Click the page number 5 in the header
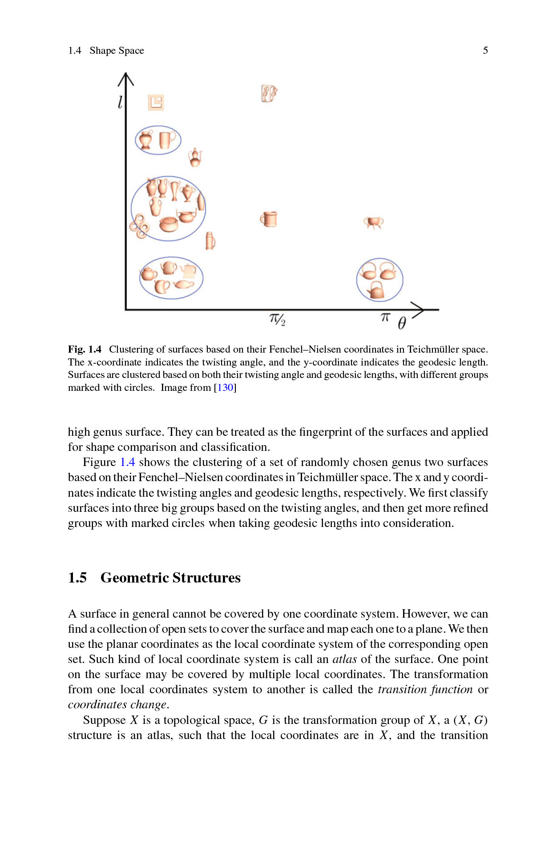(485, 50)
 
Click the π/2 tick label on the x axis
(277, 319)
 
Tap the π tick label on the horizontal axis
(385, 317)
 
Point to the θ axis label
(401, 323)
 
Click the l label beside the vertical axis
(120, 102)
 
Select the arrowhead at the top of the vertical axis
(126, 79)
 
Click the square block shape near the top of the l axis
(156, 102)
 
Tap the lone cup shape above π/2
(269, 219)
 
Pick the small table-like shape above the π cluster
(373, 222)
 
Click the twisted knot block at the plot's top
(269, 93)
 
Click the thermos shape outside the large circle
(210, 241)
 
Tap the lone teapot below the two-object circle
(195, 157)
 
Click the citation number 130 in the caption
(225, 387)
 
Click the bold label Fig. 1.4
(85, 349)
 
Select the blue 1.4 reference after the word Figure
(127, 462)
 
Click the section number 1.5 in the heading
(77, 577)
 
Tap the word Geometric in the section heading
(134, 577)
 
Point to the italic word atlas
(344, 659)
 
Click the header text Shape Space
(117, 51)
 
